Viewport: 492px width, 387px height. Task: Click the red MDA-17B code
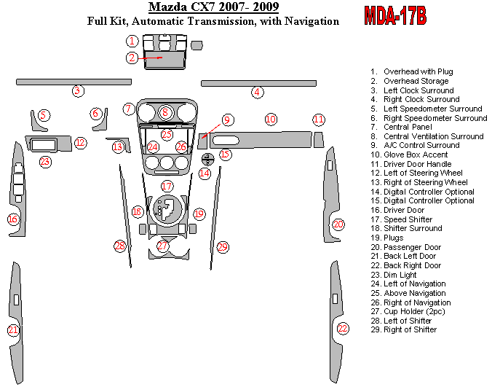(x=394, y=16)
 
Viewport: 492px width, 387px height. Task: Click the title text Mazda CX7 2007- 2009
(x=213, y=8)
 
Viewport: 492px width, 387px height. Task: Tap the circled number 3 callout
(x=77, y=91)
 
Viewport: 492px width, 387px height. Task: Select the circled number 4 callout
(x=258, y=92)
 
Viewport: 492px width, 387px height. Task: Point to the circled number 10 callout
(x=271, y=119)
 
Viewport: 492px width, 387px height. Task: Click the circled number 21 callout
(x=13, y=330)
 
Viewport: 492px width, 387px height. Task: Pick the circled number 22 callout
(x=343, y=328)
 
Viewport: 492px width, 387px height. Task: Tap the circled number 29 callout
(x=222, y=247)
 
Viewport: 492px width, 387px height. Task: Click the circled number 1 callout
(x=132, y=41)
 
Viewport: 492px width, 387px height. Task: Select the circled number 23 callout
(x=45, y=161)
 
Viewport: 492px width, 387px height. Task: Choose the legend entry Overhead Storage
(x=416, y=81)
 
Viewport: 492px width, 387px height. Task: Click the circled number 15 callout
(x=225, y=154)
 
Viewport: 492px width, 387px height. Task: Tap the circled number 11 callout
(x=319, y=119)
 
